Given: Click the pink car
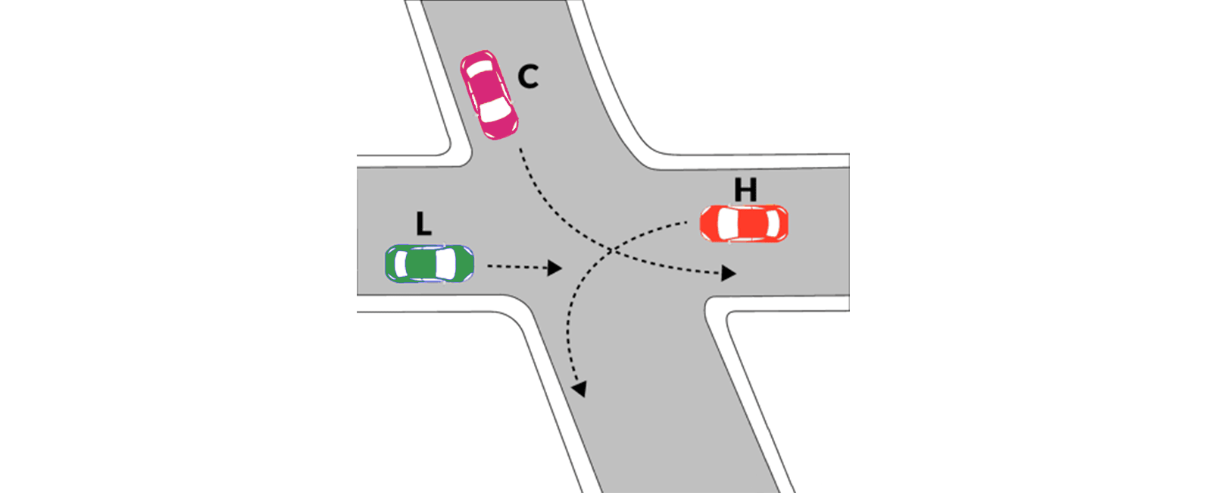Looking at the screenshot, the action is (x=489, y=95).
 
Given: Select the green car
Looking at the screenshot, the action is (x=430, y=264).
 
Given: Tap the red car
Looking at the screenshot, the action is (x=744, y=223).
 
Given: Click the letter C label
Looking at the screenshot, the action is (x=528, y=77).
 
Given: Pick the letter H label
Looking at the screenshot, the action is (x=745, y=190).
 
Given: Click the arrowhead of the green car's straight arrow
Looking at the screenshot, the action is (x=554, y=268).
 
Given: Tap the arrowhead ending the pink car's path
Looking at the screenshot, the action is (x=728, y=273).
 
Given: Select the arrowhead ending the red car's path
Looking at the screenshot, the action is (x=580, y=388).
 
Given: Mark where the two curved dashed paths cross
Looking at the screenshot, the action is (x=611, y=250).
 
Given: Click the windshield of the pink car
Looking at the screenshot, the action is (x=495, y=110).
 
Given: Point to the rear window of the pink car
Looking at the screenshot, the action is (x=479, y=68).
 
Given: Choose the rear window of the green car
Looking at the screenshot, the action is (x=401, y=264).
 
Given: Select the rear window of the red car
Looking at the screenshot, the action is (x=773, y=223).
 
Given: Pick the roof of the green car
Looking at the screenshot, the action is (x=420, y=264).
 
